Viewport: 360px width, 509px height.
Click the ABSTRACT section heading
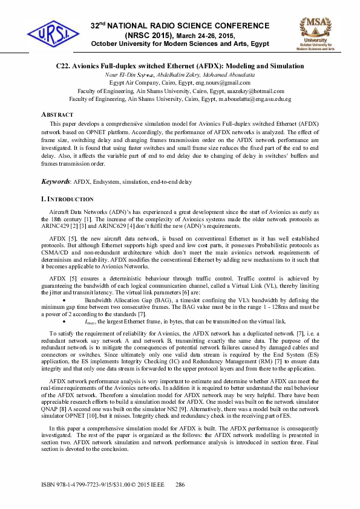57,114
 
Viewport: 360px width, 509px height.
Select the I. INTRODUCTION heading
67,199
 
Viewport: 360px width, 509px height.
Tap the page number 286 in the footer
180,485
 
